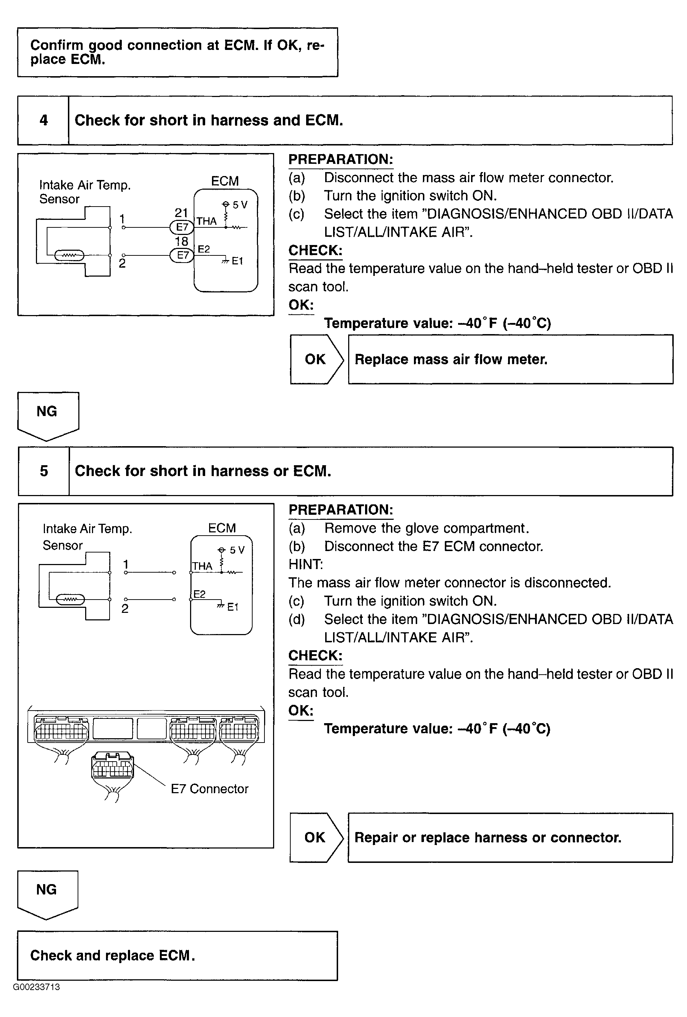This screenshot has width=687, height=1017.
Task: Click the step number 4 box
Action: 43,120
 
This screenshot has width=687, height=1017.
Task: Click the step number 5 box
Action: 44,471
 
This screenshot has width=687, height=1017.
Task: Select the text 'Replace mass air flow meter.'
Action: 451,359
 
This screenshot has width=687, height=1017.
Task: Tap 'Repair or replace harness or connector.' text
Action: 488,837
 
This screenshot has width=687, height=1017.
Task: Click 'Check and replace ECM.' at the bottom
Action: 112,955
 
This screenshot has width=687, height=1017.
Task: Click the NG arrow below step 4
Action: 47,414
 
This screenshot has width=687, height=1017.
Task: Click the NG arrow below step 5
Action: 47,892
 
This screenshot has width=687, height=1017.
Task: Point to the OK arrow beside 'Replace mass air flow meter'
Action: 315,359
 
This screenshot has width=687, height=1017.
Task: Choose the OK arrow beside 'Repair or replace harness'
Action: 315,837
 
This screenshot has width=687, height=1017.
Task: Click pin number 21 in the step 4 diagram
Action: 181,213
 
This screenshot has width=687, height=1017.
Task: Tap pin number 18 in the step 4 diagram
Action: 181,241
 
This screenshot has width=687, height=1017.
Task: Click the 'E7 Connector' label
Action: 209,789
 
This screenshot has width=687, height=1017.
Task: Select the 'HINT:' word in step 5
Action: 305,564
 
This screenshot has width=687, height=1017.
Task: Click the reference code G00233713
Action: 36,987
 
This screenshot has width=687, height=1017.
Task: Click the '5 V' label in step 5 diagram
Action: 237,550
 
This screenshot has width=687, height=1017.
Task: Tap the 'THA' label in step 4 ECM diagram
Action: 207,221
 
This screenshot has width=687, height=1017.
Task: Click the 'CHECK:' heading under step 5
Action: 315,655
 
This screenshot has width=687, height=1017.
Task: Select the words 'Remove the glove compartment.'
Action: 427,528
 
